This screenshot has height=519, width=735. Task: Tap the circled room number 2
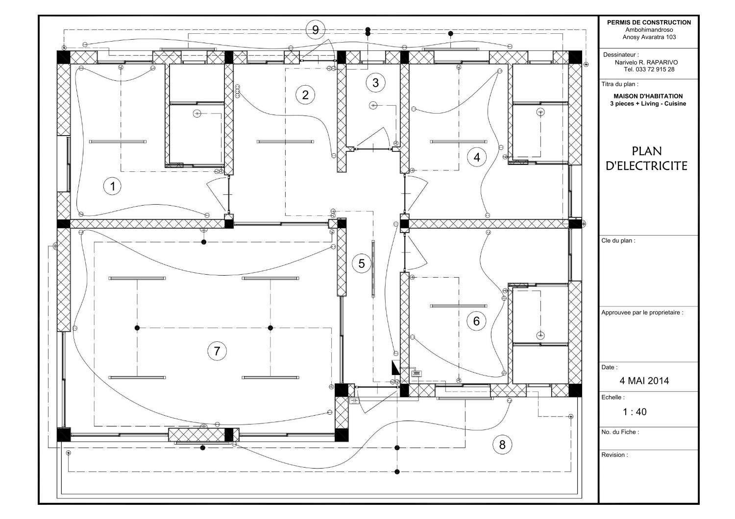pyautogui.click(x=305, y=94)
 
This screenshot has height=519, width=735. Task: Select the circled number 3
pyautogui.click(x=375, y=82)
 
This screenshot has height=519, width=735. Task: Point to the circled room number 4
pyautogui.click(x=477, y=157)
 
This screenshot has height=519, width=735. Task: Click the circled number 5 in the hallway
pyautogui.click(x=362, y=264)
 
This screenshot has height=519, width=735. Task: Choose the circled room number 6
pyautogui.click(x=476, y=322)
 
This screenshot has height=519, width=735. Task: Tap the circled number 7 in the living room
pyautogui.click(x=217, y=351)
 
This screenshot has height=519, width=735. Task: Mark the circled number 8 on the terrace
pyautogui.click(x=502, y=445)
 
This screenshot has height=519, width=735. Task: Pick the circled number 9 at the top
pyautogui.click(x=315, y=30)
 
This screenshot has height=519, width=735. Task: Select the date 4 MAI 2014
pyautogui.click(x=644, y=380)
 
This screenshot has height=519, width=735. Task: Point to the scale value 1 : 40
pyautogui.click(x=635, y=412)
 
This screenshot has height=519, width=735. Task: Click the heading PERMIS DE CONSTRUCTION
pyautogui.click(x=649, y=22)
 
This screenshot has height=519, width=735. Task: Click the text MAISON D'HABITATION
pyautogui.click(x=648, y=96)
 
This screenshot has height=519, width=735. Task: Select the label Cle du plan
pyautogui.click(x=618, y=240)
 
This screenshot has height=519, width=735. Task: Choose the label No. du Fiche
pyautogui.click(x=620, y=432)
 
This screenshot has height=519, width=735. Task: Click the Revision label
pyautogui.click(x=614, y=455)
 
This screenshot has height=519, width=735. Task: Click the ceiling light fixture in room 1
pyautogui.click(x=118, y=142)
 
